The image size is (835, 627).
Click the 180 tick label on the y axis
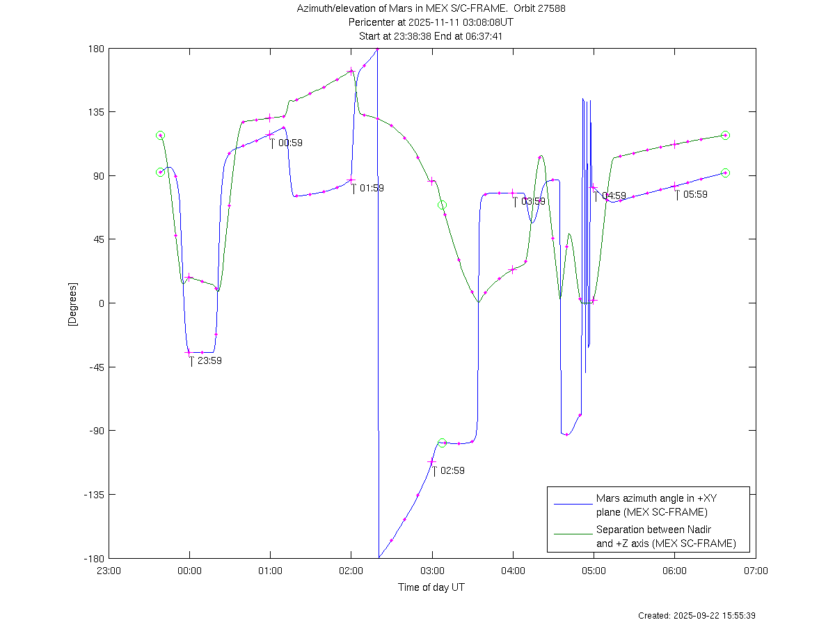(x=96, y=49)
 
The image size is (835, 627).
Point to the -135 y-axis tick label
(x=93, y=495)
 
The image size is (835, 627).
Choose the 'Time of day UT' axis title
(x=431, y=587)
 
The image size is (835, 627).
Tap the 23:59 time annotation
(x=209, y=361)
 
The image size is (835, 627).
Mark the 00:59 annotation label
(x=290, y=143)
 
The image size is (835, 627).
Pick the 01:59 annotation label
(x=372, y=189)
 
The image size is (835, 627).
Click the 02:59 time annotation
(x=452, y=471)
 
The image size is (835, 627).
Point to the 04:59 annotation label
(x=614, y=196)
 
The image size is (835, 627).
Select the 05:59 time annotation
(x=695, y=195)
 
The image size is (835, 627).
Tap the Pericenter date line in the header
(x=431, y=22)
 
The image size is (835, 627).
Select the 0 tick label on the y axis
(x=101, y=303)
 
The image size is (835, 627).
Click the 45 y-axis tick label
(x=98, y=240)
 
